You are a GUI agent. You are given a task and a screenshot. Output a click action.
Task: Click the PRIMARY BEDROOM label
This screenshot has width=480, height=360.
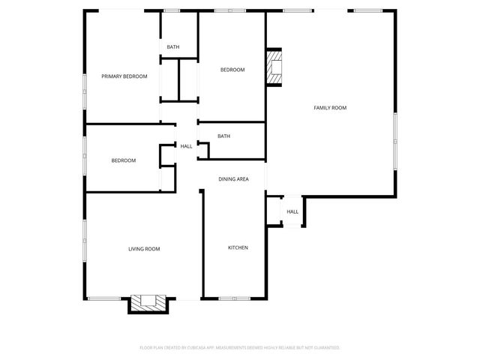tap(124, 76)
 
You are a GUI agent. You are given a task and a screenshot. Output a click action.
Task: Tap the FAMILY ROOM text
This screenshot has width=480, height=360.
tap(330, 108)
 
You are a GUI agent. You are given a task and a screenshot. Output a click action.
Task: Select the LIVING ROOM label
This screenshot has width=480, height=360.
tap(144, 249)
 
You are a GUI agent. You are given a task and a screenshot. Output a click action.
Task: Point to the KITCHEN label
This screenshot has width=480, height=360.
tap(238, 247)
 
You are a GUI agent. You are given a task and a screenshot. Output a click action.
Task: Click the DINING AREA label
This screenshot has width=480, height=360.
tap(233, 179)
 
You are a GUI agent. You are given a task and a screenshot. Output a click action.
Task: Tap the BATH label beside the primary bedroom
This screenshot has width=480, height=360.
tap(173, 47)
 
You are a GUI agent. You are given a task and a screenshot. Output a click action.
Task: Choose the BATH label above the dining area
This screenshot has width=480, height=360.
tap(223, 136)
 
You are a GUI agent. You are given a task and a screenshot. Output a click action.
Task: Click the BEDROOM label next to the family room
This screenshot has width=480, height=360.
tap(232, 70)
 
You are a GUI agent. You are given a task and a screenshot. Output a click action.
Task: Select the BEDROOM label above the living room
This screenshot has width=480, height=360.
tap(124, 160)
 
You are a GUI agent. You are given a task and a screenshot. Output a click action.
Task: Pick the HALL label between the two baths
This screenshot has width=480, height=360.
tap(186, 146)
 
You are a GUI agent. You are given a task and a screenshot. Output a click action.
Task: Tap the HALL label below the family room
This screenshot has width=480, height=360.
tap(292, 211)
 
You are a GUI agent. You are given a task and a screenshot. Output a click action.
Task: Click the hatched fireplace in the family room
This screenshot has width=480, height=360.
tap(274, 67)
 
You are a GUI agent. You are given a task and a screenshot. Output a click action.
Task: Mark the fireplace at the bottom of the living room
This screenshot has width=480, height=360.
tap(148, 302)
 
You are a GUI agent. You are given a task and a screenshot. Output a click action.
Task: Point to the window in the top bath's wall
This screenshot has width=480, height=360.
tap(172, 10)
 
